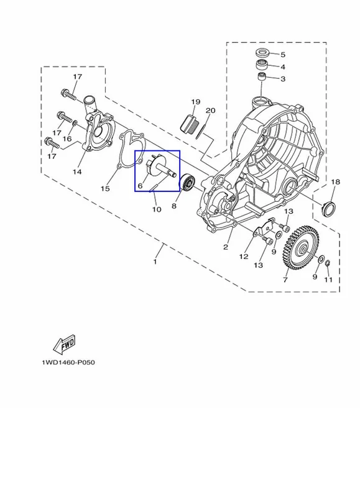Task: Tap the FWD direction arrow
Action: [65, 344]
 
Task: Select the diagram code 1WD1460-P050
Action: [68, 362]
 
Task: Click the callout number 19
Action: [196, 102]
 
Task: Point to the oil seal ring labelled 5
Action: [262, 52]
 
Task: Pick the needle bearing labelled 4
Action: [262, 65]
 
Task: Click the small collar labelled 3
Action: [261, 76]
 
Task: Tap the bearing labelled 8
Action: [187, 182]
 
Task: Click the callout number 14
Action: [77, 172]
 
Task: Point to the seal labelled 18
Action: [328, 207]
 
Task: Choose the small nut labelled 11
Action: [328, 263]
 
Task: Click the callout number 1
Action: [155, 262]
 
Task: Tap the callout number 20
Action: [211, 111]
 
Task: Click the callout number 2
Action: [226, 247]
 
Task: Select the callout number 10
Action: [157, 209]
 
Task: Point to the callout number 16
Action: [67, 139]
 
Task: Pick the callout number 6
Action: [141, 186]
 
